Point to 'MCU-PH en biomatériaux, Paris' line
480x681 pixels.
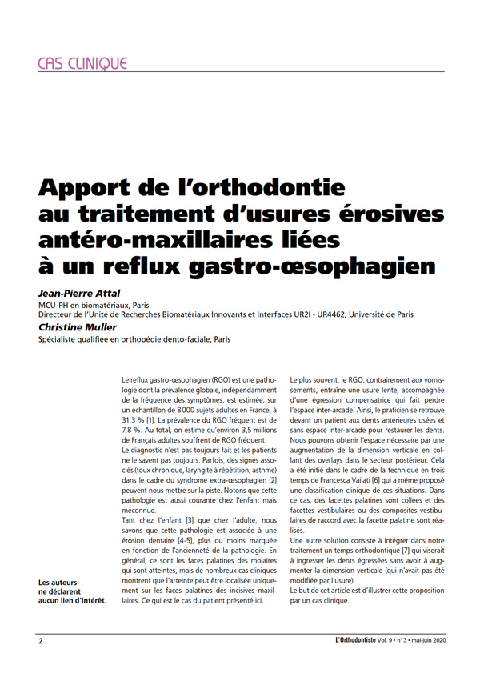(x=94, y=305)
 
